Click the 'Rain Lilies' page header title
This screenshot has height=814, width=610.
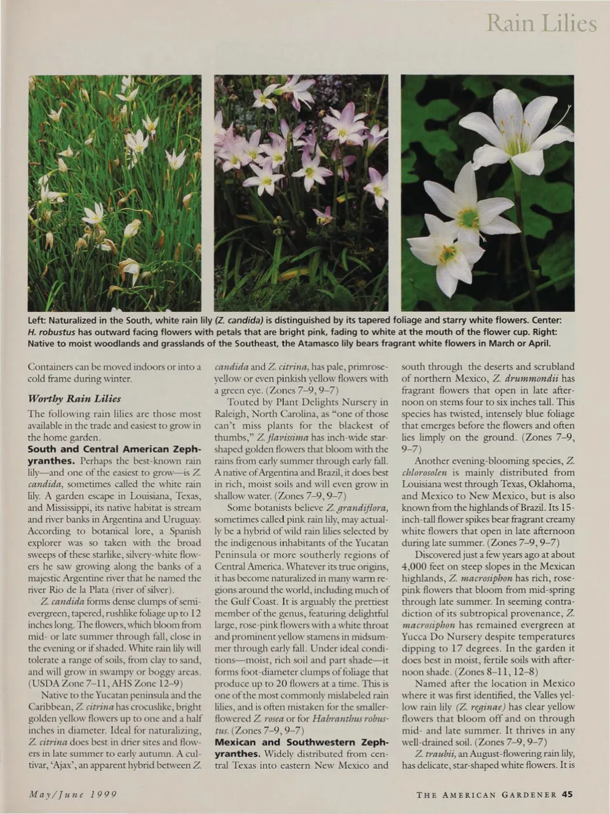click(541, 24)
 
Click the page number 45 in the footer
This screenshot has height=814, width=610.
click(568, 794)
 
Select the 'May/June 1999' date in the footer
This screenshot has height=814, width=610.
click(72, 794)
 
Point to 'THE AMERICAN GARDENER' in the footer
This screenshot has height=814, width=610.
click(487, 794)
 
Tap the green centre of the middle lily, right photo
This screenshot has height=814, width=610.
click(468, 218)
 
